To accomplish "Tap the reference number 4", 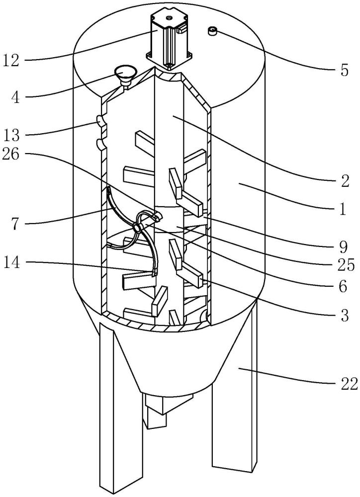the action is click(x=15, y=97).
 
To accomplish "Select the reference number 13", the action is click(x=11, y=135).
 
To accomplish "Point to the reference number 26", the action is click(x=11, y=155).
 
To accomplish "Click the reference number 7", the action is click(x=15, y=224).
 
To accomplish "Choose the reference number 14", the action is click(x=11, y=263).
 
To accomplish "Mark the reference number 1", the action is click(x=343, y=210).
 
